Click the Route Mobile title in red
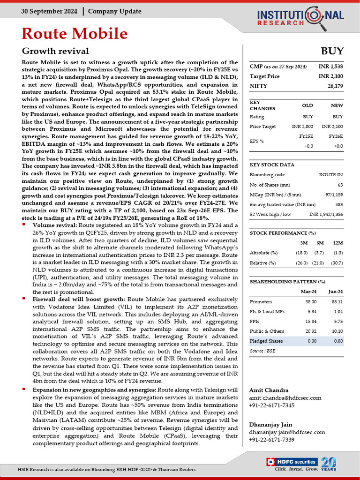click(x=75, y=34)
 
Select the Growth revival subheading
click(x=55, y=51)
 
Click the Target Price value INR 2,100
click(x=331, y=76)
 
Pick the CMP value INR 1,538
click(x=331, y=67)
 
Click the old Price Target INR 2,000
click(x=302, y=127)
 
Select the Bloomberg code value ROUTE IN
click(x=331, y=174)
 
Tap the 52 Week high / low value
click(x=326, y=214)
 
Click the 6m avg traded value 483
click(x=338, y=204)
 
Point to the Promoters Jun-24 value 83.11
click(x=337, y=302)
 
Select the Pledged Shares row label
click(x=266, y=341)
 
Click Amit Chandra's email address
click(x=285, y=398)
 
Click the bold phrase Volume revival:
click(x=51, y=225)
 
